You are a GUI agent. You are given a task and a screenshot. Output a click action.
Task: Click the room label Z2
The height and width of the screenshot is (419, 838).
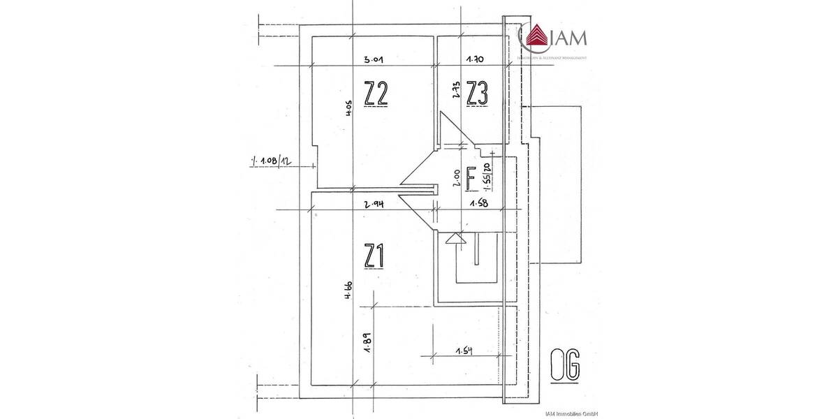click(376, 93)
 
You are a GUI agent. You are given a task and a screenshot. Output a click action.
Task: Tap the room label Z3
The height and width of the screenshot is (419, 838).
click(477, 93)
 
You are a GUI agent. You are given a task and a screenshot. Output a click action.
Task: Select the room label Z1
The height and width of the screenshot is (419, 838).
click(375, 256)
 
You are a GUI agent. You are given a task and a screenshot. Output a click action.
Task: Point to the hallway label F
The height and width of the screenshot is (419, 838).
click(471, 179)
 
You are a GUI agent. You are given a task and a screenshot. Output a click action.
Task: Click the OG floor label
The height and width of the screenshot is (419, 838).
click(565, 367)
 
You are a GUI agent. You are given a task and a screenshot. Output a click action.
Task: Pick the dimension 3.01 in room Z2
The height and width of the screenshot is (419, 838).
click(367, 60)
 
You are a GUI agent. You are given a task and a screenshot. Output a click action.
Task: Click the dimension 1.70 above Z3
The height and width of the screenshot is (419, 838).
click(476, 60)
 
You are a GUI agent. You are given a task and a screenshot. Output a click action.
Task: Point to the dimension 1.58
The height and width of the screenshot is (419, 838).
click(478, 204)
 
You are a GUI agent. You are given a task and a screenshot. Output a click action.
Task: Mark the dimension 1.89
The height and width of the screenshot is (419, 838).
click(366, 345)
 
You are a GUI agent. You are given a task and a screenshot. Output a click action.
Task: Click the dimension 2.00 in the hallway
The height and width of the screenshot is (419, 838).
click(455, 179)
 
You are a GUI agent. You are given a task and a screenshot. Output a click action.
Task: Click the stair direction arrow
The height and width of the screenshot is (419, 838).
click(455, 239)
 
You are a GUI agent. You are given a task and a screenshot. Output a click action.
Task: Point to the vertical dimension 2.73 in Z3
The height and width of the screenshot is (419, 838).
click(455, 93)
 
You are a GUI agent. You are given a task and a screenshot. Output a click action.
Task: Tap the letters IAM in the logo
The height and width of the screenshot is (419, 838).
click(569, 37)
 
